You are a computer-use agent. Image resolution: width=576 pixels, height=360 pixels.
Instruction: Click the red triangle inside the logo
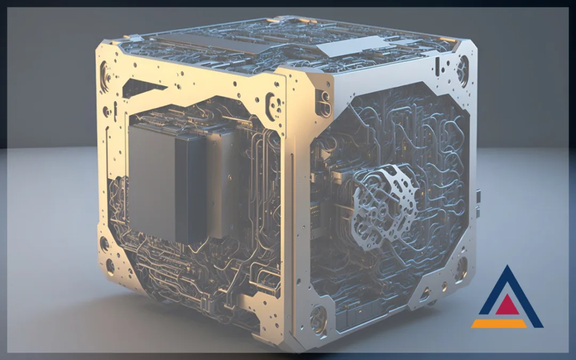coord(507,305)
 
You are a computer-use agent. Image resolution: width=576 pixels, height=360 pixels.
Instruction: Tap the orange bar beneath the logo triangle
coord(498,323)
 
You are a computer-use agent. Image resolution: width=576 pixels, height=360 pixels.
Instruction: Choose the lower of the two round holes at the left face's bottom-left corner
coord(110,265)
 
